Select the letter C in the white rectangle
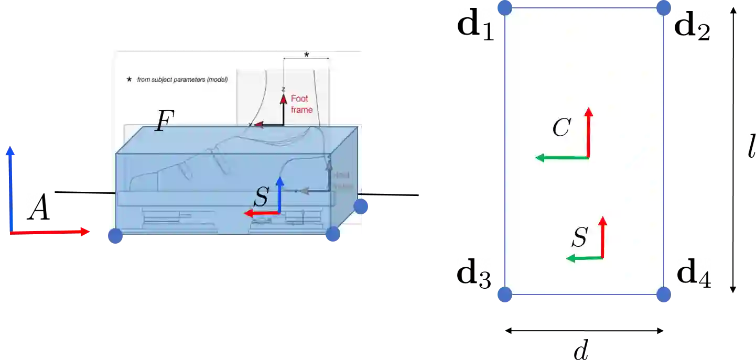[x=561, y=128]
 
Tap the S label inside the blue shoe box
[x=261, y=198]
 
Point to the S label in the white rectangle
[x=579, y=237]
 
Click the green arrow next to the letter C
[x=561, y=157]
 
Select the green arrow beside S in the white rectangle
[x=585, y=258]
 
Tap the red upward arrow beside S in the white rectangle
[x=602, y=237]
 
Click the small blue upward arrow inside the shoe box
[x=279, y=194]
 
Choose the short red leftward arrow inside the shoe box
[x=262, y=213]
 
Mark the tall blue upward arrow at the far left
[x=10, y=189]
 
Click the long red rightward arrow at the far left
[x=50, y=232]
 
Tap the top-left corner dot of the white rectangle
[x=504, y=7]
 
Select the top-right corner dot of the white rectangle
[x=664, y=7]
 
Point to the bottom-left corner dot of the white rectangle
[x=503, y=295]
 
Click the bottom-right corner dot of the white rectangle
[x=663, y=295]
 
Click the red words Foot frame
[x=301, y=104]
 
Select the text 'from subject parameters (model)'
[x=182, y=80]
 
